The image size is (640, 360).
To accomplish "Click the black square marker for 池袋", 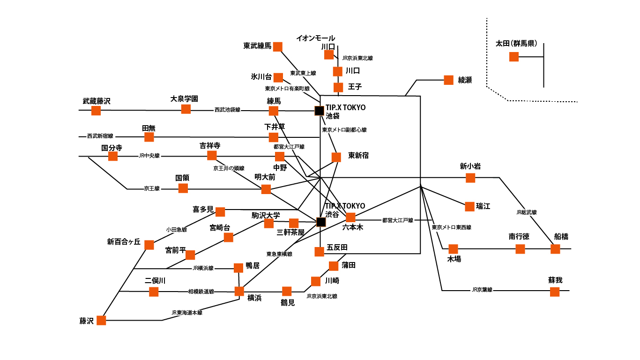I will [319, 111].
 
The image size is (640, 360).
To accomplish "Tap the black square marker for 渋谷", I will [321, 222].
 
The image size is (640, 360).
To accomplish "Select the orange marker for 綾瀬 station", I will [449, 80].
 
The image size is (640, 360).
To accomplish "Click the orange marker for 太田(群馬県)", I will [514, 57].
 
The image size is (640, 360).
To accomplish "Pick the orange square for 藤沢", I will [101, 320].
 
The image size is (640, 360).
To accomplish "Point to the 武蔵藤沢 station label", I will [97, 101].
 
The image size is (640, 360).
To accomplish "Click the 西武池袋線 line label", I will [227, 110].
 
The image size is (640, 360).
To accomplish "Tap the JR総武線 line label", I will [526, 212].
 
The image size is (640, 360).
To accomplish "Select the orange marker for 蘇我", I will [555, 292].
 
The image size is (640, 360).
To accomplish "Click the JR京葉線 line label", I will [482, 290].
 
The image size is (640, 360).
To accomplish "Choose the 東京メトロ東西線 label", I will [451, 227].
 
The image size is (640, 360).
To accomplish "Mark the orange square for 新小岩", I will [470, 178].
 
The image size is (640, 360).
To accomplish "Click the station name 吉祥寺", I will [210, 146].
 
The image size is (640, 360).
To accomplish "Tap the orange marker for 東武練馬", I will [278, 46].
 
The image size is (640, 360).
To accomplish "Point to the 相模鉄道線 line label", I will [201, 292].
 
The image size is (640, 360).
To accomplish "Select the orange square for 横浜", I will [239, 291].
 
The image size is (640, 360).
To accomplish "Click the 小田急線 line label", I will [176, 230].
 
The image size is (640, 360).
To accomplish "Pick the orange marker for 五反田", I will [319, 252].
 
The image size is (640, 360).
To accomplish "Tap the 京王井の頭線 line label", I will [229, 168].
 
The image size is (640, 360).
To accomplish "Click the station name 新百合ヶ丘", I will [124, 242].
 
